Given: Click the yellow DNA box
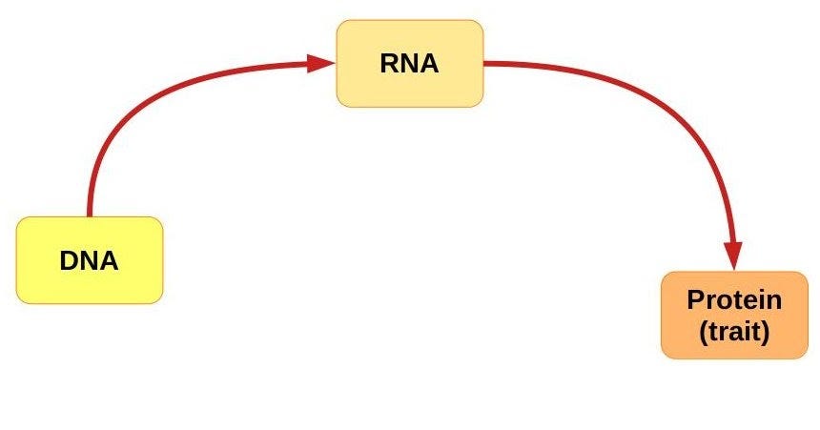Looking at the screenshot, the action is (90, 260).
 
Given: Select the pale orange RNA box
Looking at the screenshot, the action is (409, 63).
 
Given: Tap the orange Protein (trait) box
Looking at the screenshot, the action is (734, 315).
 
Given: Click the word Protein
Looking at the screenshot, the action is (734, 299).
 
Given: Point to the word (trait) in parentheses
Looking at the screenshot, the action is (734, 331).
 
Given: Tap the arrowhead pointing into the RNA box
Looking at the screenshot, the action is (320, 63).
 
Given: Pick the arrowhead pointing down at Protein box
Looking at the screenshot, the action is (733, 256).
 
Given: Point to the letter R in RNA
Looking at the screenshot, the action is (390, 63).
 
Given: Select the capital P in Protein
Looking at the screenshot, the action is (695, 299).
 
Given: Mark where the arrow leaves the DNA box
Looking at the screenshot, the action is (89, 215).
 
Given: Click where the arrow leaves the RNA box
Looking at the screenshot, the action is (484, 63).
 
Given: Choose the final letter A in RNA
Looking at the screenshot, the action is (429, 63).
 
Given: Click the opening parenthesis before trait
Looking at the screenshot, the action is (704, 332).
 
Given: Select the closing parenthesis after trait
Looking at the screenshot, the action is (766, 332).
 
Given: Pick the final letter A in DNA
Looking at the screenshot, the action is (109, 260).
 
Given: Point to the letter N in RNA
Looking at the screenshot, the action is (410, 63).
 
